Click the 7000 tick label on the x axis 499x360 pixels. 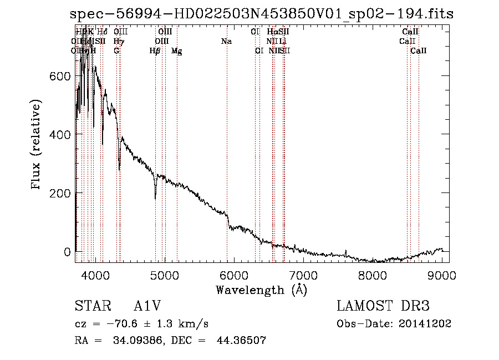tap(303, 275)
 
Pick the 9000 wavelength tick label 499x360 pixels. tap(442, 275)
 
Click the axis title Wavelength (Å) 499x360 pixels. tap(261, 290)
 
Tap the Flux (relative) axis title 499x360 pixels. tap(37, 146)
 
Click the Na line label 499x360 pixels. tap(226, 41)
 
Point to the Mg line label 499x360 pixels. tap(176, 51)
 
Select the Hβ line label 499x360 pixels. tap(155, 51)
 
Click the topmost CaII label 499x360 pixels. tap(410, 32)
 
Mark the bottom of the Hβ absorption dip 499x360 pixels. tap(155, 197)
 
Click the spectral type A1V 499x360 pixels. tap(150, 306)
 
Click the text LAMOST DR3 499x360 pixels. tap(383, 306)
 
